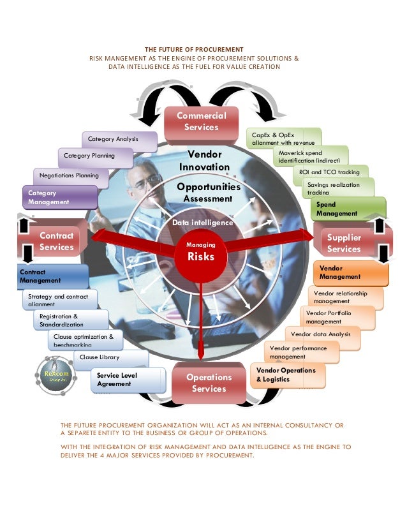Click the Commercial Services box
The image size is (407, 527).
[201, 121]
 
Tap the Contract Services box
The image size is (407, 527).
[56, 241]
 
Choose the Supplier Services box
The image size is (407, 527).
[344, 243]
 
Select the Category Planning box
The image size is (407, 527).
[96, 156]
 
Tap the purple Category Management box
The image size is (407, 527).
[59, 197]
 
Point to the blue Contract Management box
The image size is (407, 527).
[52, 276]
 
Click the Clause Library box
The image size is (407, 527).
[111, 358]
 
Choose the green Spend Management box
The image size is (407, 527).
[347, 209]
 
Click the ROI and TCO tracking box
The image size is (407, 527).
[329, 172]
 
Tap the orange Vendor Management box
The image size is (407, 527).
[350, 273]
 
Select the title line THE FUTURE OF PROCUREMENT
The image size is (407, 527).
[194, 49]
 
